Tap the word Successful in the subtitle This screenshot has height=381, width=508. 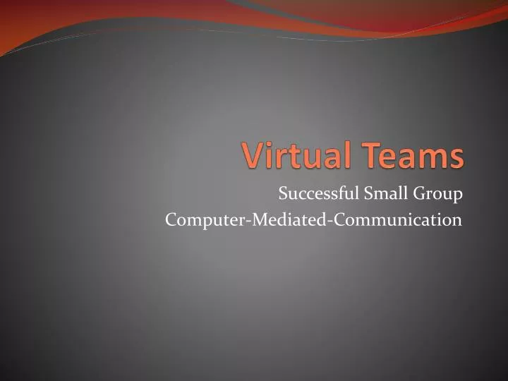pos(317,192)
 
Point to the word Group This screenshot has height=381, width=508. pos(439,193)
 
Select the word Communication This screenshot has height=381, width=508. pos(399,220)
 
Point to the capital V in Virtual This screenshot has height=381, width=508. pos(253,156)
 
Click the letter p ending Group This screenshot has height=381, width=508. pos(458,195)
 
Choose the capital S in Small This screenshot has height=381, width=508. pos(368,192)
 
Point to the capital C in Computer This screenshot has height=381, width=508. pos(171,220)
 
